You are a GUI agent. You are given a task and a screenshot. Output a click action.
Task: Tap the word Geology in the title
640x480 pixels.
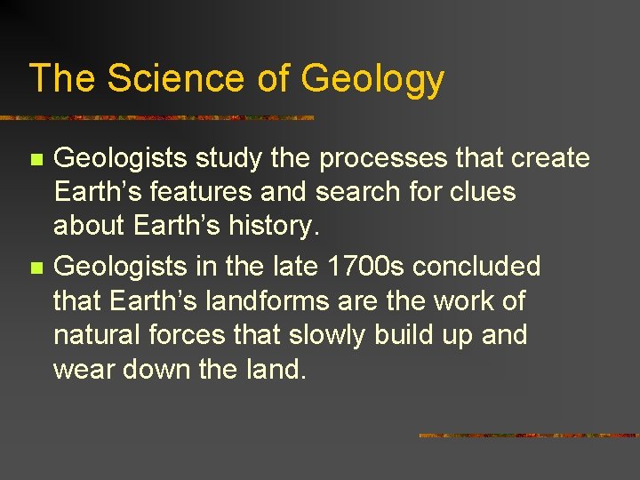372,80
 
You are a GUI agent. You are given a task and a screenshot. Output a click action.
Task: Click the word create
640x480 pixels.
550,158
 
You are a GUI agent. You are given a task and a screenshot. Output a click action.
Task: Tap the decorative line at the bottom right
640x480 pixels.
528,435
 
